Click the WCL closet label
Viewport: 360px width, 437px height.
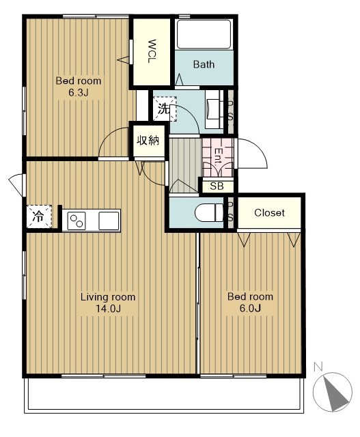(152, 51)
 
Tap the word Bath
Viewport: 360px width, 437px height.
(204, 64)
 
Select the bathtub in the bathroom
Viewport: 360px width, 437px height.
(204, 34)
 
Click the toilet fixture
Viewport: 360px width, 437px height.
(210, 212)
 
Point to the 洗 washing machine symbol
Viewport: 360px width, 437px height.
(165, 109)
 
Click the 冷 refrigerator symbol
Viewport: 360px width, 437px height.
(39, 216)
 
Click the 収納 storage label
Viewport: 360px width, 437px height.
(148, 141)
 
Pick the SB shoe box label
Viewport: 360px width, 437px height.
(217, 186)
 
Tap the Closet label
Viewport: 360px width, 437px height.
(269, 213)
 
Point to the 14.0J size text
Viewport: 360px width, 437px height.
(108, 309)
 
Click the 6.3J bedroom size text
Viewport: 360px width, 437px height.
(79, 93)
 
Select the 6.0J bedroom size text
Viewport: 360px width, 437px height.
(250, 308)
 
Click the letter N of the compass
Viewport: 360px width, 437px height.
(318, 367)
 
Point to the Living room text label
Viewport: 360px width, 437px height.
(108, 297)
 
